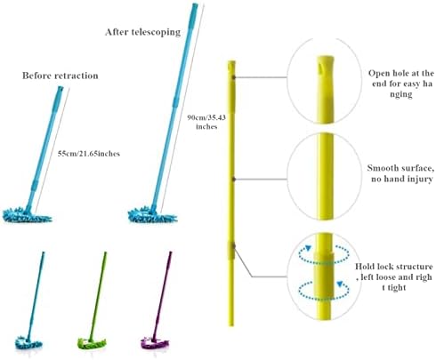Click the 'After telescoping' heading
(x=142, y=32)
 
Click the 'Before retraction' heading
(x=61, y=76)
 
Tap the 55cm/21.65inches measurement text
(x=89, y=154)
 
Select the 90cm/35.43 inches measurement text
(x=206, y=122)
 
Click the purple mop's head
(x=155, y=343)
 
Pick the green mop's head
(x=92, y=344)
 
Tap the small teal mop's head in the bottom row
(x=28, y=343)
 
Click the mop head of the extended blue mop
(x=152, y=216)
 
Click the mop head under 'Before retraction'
(x=27, y=215)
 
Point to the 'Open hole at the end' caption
(x=400, y=84)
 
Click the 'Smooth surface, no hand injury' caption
(x=400, y=173)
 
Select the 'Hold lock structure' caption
(x=393, y=277)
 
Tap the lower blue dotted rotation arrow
(x=324, y=291)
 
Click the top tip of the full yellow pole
(x=231, y=61)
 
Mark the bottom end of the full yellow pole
(x=231, y=325)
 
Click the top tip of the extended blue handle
(x=195, y=4)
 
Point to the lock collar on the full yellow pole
(x=231, y=251)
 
